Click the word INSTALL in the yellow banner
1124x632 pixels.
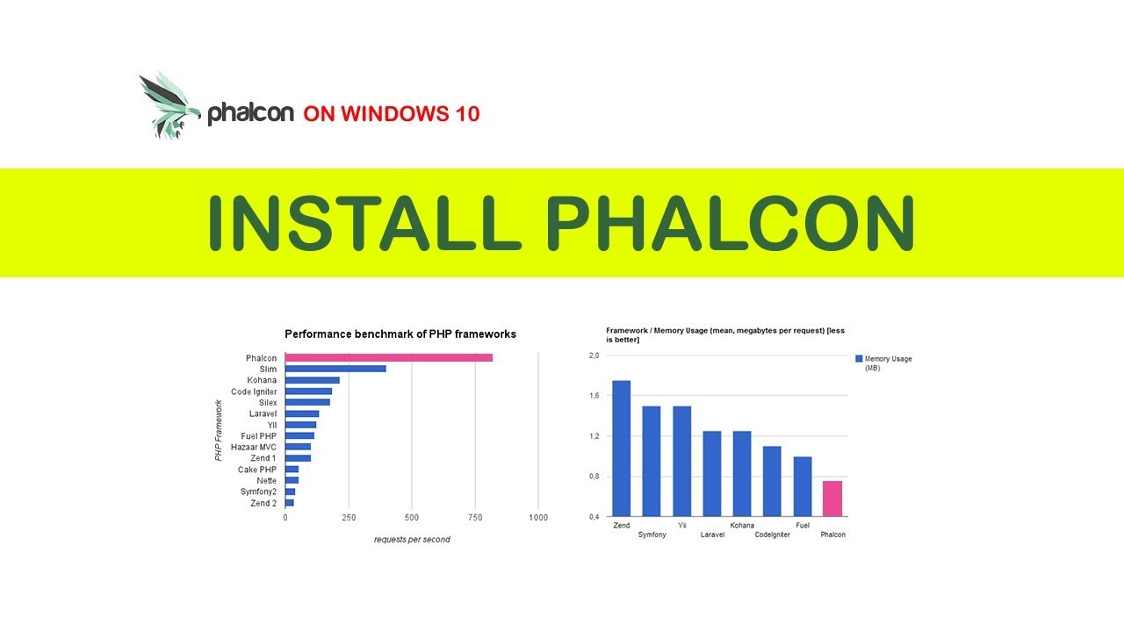click(359, 223)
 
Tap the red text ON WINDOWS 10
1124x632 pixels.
click(392, 113)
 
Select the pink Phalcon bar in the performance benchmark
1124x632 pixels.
click(388, 358)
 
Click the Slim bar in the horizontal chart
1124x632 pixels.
click(335, 369)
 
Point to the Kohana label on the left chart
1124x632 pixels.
click(262, 380)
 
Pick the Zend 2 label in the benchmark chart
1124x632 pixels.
click(263, 503)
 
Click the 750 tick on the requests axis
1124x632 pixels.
click(475, 518)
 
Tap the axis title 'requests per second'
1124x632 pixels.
click(412, 539)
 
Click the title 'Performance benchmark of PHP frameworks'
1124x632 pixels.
click(400, 334)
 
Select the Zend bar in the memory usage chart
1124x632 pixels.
click(621, 448)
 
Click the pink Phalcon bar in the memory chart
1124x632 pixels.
click(832, 498)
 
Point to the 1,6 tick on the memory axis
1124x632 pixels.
click(594, 396)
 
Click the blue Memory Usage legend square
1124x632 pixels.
click(859, 359)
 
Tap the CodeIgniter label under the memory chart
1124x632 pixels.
click(772, 535)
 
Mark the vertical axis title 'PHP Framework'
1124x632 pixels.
click(220, 431)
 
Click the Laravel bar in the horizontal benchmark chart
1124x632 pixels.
click(302, 413)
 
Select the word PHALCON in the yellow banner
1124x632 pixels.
click(731, 223)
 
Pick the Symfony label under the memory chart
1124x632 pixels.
click(652, 535)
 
